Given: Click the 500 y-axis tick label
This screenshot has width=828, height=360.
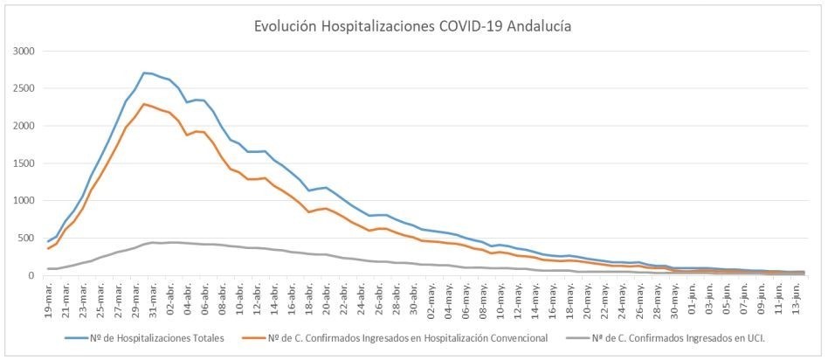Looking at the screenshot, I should pyautogui.click(x=24, y=239).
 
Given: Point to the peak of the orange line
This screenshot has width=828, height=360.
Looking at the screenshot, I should pyautogui.click(x=144, y=104).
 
